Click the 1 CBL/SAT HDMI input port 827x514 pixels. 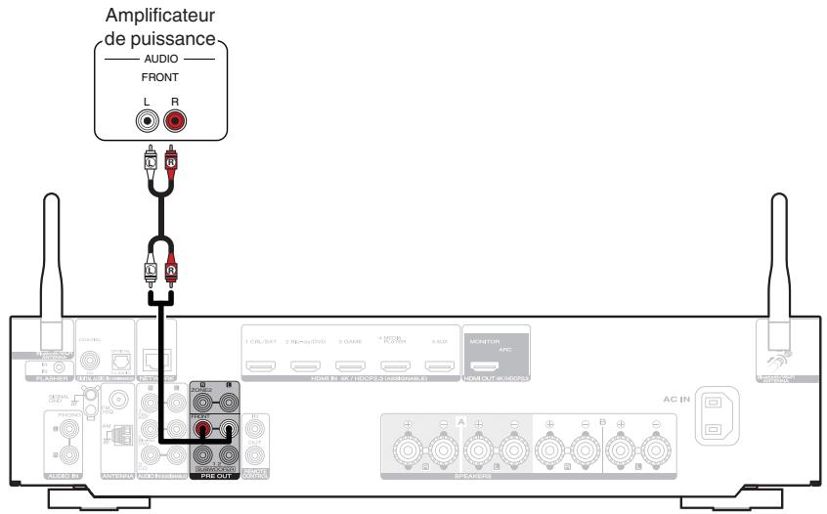click(261, 369)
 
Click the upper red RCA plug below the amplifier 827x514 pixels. click(174, 156)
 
